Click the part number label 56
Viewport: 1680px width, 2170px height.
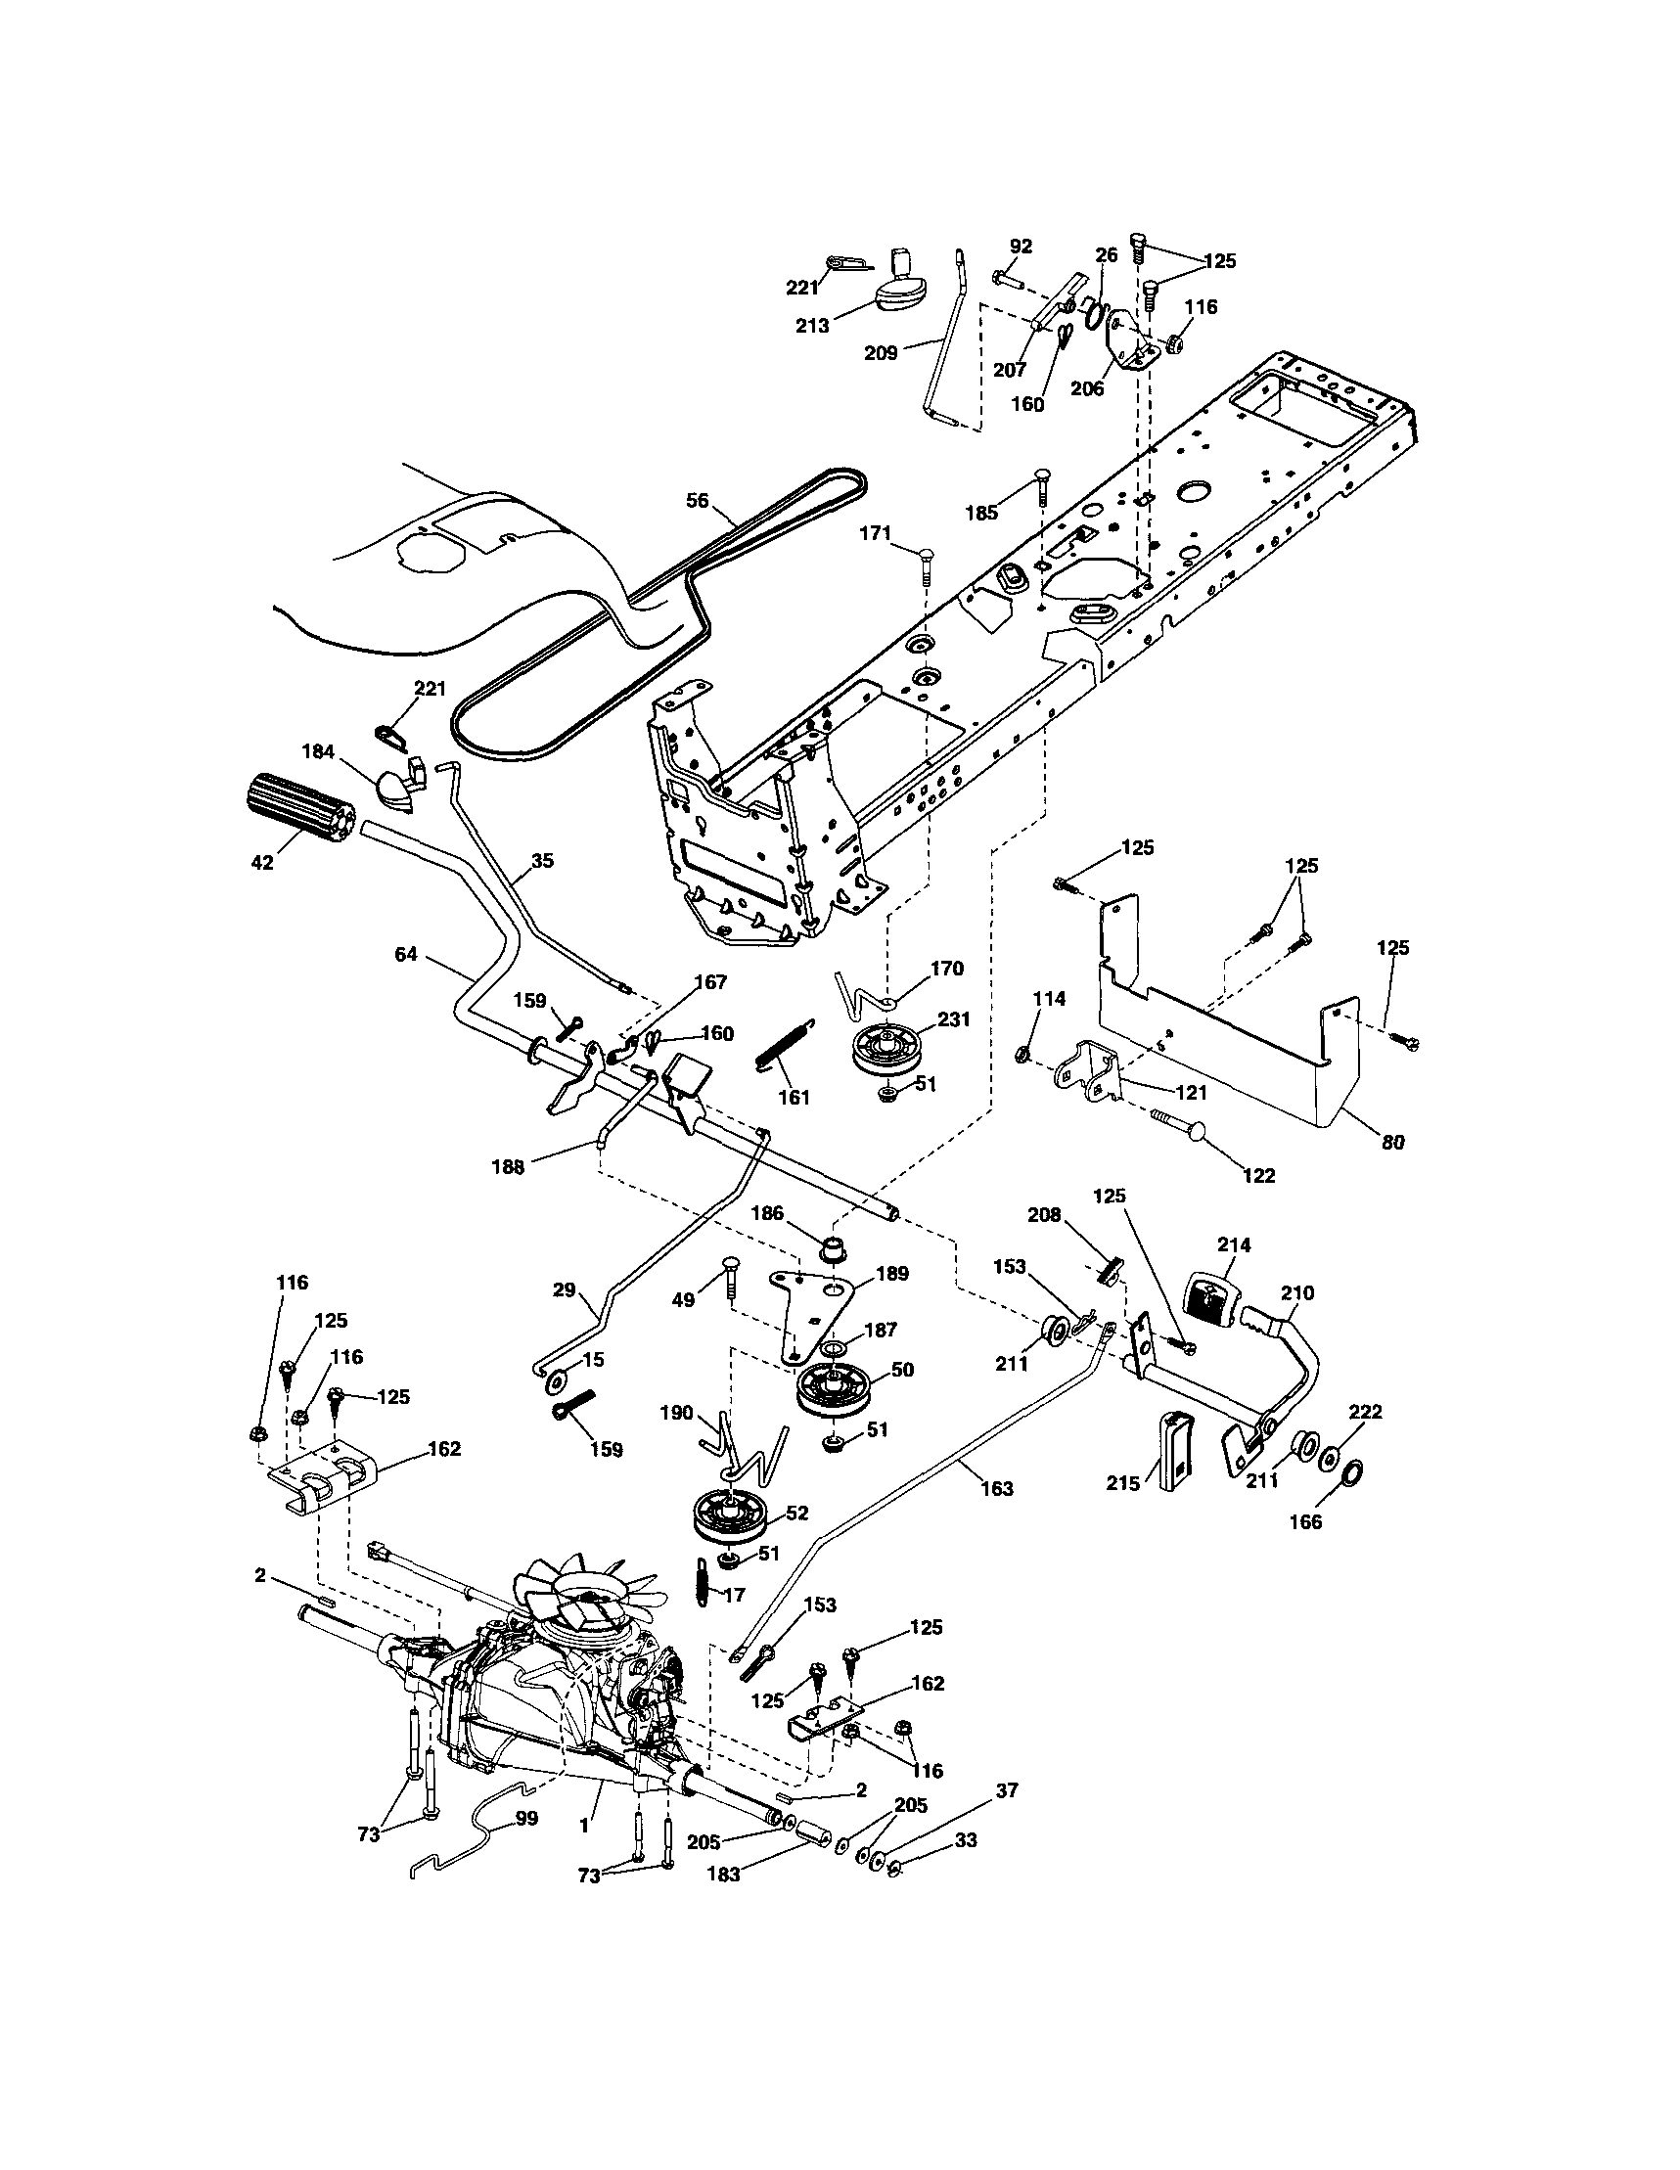pyautogui.click(x=698, y=501)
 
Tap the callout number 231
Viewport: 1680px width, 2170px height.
pyautogui.click(x=953, y=1019)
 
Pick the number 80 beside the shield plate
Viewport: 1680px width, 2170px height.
pyautogui.click(x=1393, y=1144)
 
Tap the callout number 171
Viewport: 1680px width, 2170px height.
pyautogui.click(x=876, y=533)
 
